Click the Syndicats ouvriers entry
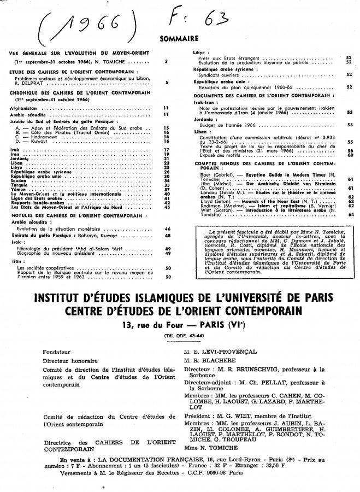[x=220, y=75]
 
